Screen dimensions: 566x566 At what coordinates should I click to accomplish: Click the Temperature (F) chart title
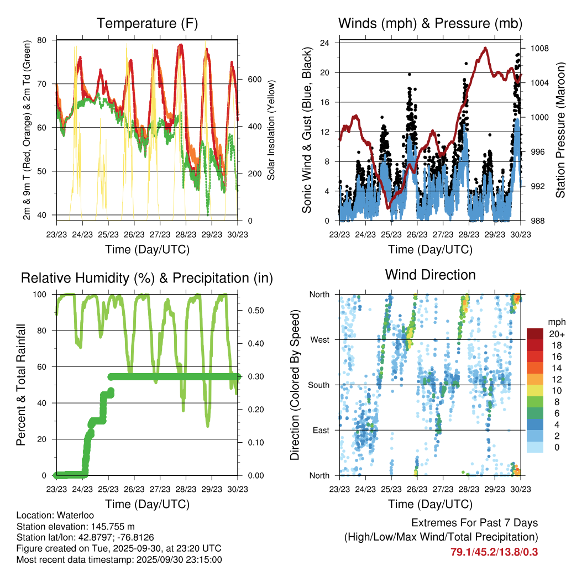147,23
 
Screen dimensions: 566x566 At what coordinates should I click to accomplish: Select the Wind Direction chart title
430,275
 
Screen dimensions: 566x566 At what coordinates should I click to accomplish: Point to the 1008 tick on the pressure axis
539,48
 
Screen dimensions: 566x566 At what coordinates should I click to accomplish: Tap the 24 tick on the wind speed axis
325,43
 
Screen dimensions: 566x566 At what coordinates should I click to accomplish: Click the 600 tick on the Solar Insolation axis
254,79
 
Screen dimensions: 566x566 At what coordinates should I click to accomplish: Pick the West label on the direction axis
320,339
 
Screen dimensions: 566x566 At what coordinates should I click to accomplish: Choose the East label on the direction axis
321,430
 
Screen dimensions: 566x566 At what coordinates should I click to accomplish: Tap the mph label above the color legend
555,321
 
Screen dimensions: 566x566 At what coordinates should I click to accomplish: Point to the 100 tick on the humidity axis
41,294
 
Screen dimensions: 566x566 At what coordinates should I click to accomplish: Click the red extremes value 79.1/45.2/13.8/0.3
494,552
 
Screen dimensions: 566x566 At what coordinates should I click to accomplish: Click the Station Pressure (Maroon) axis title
560,130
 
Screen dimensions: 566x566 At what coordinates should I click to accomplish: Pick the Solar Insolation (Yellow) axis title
271,130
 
